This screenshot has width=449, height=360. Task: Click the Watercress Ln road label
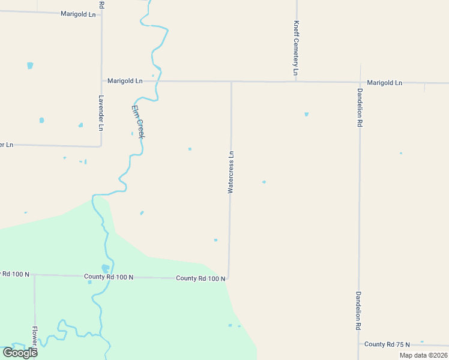231,172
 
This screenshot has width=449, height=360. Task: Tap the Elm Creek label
137,122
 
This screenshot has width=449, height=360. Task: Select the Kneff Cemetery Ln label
296,48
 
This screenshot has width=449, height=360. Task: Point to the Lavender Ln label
101,112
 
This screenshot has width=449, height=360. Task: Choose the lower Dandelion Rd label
358,310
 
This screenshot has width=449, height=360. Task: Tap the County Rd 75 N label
387,344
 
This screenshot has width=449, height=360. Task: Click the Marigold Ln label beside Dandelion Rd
384,82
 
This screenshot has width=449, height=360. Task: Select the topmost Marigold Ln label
78,13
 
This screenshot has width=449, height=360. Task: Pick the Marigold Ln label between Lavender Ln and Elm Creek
125,80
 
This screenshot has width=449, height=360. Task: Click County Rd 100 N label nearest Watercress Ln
200,278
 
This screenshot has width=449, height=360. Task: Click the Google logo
20,352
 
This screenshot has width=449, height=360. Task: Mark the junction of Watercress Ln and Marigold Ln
232,82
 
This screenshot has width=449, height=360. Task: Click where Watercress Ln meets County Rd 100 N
229,278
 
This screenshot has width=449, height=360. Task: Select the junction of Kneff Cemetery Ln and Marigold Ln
296,82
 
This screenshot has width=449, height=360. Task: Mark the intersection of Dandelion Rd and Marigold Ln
360,82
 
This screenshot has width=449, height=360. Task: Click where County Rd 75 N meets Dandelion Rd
359,344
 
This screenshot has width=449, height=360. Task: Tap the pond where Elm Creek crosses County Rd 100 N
106,268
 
